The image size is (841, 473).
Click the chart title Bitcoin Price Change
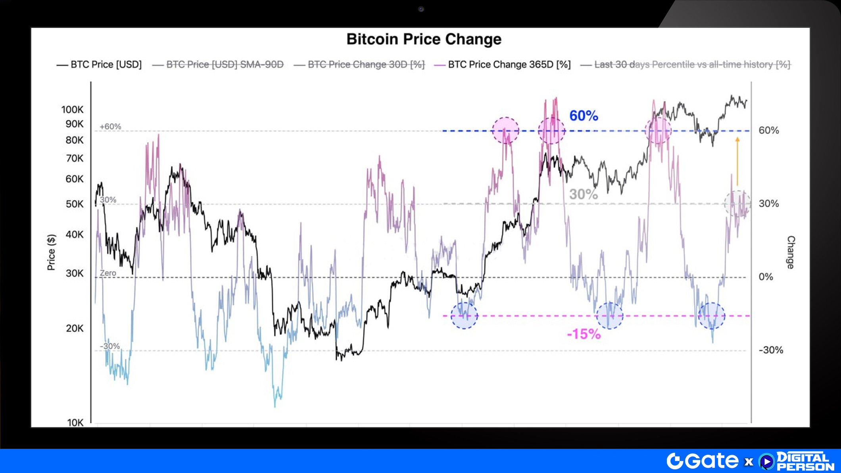pyautogui.click(x=424, y=39)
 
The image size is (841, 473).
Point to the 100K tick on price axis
pyautogui.click(x=72, y=110)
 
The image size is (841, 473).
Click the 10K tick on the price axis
pyautogui.click(x=75, y=423)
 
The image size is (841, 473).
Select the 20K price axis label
pyautogui.click(x=75, y=328)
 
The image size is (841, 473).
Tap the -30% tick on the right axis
pyautogui.click(x=770, y=350)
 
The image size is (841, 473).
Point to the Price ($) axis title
pyautogui.click(x=51, y=252)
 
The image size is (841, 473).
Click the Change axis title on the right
pyautogui.click(x=791, y=252)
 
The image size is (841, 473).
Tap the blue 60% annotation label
pyautogui.click(x=584, y=116)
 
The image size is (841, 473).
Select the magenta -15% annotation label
pyautogui.click(x=584, y=334)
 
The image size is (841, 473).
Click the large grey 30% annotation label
pyautogui.click(x=583, y=194)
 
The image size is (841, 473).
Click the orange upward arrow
pyautogui.click(x=737, y=161)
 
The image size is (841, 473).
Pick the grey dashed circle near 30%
pyautogui.click(x=737, y=203)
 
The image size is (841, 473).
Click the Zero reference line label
pyautogui.click(x=108, y=273)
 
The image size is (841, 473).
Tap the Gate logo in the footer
pyautogui.click(x=702, y=461)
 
